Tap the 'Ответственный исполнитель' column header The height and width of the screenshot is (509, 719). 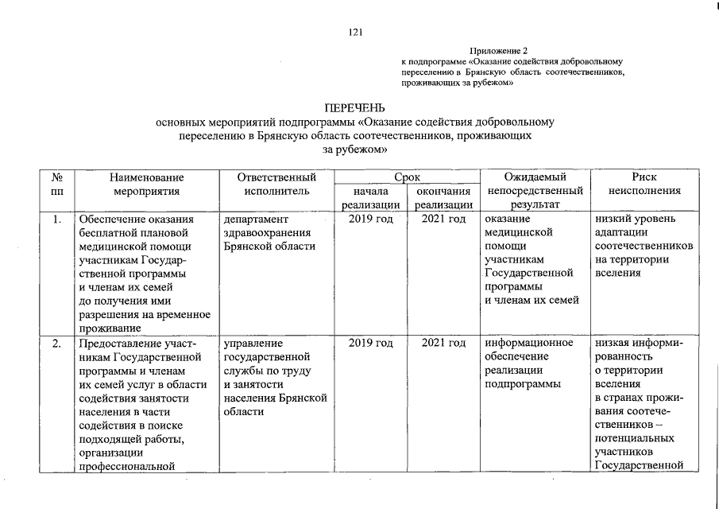tap(271, 185)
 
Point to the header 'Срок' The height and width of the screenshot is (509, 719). tap(407, 177)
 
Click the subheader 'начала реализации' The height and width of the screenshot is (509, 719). tap(371, 198)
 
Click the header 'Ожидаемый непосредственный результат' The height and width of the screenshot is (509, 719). tap(535, 191)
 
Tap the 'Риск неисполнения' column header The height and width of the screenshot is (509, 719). tap(644, 185)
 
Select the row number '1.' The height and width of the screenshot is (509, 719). tap(56, 219)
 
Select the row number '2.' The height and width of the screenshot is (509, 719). tap(56, 343)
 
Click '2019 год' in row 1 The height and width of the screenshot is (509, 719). tap(371, 219)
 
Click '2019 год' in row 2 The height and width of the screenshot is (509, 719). tap(371, 343)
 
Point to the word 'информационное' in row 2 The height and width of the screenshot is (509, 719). tap(528, 343)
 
